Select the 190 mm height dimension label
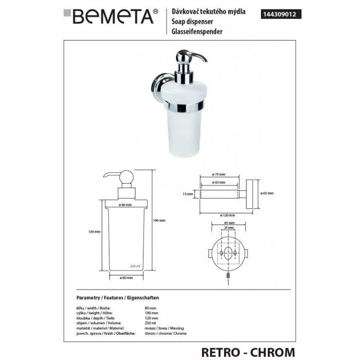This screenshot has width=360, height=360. point(159,220)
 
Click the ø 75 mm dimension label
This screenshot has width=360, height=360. point(220,174)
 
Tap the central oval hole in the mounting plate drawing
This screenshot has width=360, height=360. point(223,253)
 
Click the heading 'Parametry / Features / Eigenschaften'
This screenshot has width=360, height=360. point(118,298)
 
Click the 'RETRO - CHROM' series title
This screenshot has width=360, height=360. point(250,351)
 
